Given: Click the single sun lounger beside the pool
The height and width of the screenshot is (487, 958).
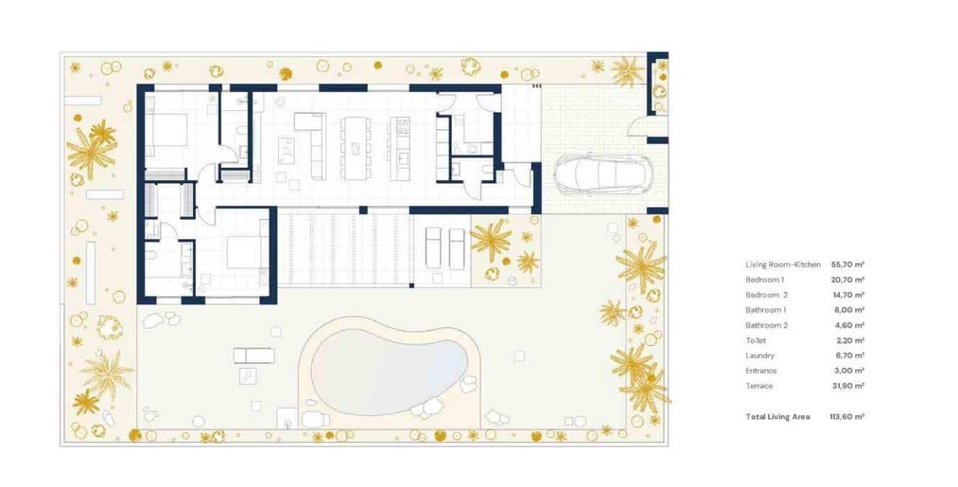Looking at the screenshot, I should pos(254,355).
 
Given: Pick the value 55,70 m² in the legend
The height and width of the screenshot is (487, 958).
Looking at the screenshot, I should pos(847,265).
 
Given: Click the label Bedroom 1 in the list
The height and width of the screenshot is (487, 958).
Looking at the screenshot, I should pos(764,280).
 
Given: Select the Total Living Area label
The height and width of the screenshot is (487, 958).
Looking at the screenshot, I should pos(777,416).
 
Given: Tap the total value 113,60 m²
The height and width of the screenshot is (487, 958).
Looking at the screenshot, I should pos(847,416).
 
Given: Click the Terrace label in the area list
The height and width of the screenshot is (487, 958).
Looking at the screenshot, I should pos(759,385).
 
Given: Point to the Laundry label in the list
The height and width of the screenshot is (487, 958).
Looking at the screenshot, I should pos(760,355).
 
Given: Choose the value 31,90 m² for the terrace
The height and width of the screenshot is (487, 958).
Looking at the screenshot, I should pos(847,385).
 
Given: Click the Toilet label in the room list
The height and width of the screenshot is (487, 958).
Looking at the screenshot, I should pos(756,340).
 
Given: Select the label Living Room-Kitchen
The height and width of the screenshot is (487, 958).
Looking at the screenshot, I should pos(783,265).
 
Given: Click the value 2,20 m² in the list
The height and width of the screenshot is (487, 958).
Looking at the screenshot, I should pos(847,340).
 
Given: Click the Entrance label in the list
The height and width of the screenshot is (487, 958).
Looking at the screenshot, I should pos(761,370).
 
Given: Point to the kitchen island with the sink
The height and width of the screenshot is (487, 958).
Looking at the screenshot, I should pos(399,148).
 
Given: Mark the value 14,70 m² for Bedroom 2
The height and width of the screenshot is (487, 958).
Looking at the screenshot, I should pos(847,295).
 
